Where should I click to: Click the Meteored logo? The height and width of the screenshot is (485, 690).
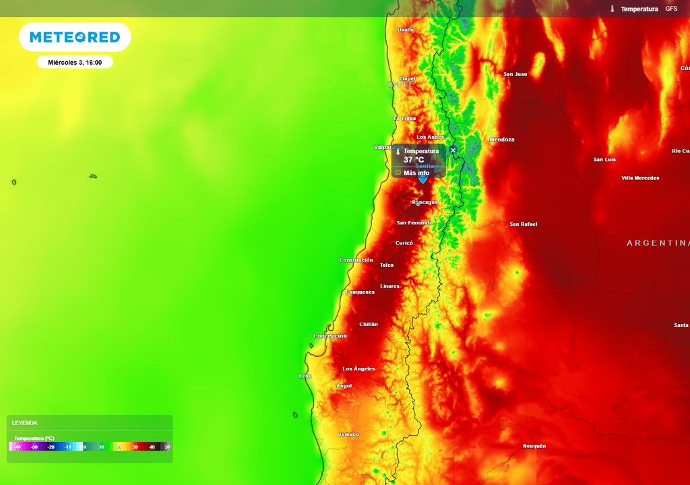(75, 37)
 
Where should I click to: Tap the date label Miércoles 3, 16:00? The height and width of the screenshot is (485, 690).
(75, 63)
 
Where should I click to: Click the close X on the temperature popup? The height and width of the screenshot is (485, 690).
(453, 150)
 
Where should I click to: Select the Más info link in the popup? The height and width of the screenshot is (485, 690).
(416, 173)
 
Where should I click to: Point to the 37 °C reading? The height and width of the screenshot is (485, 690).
(414, 160)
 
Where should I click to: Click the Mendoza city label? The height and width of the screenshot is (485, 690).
(501, 139)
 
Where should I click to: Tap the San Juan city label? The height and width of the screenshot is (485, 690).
(515, 74)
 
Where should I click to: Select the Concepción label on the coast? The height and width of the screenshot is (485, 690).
(330, 335)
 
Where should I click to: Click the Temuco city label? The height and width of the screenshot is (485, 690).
(348, 434)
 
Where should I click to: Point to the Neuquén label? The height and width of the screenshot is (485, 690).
(534, 446)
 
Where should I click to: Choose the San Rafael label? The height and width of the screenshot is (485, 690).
(523, 224)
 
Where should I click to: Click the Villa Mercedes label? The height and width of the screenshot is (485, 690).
(640, 178)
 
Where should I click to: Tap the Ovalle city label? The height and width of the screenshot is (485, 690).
(405, 30)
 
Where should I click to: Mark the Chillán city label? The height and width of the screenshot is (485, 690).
(369, 324)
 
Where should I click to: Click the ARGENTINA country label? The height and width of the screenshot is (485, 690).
(658, 243)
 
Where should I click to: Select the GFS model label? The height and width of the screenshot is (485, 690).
(671, 9)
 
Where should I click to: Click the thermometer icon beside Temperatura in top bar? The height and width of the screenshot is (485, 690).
(613, 9)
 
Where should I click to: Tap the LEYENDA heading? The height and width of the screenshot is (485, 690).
(25, 423)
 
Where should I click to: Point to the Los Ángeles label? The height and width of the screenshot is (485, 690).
(358, 369)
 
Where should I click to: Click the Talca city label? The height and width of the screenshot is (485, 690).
(387, 265)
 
